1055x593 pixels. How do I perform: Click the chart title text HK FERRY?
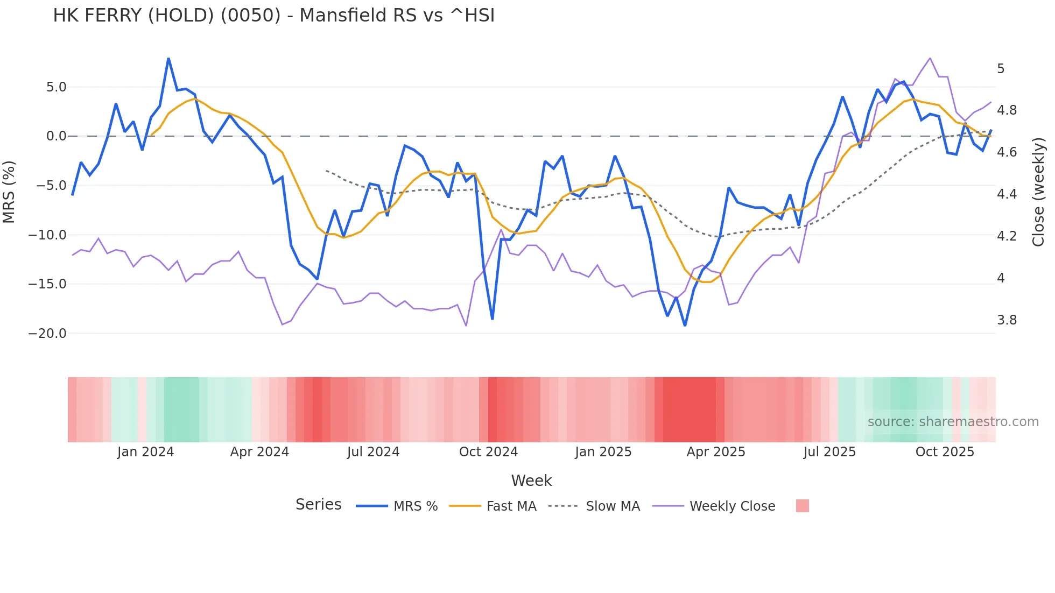pyautogui.click(x=273, y=16)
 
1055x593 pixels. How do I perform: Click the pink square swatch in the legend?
pyautogui.click(x=802, y=506)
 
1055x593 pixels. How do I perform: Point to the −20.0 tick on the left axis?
pyautogui.click(x=47, y=334)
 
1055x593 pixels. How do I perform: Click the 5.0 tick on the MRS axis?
pyautogui.click(x=56, y=87)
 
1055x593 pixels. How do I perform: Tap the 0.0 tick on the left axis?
pyautogui.click(x=56, y=136)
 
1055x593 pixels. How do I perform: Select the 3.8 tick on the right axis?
pyautogui.click(x=1007, y=320)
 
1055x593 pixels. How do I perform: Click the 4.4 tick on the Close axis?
pyautogui.click(x=1007, y=194)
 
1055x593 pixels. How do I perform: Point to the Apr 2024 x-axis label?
pyautogui.click(x=259, y=452)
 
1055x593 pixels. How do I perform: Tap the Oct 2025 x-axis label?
pyautogui.click(x=945, y=452)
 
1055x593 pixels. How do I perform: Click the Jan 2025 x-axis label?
pyautogui.click(x=603, y=452)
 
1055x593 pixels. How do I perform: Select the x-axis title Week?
pyautogui.click(x=531, y=481)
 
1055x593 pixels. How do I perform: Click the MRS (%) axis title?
pyautogui.click(x=9, y=192)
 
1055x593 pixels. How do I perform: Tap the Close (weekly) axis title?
pyautogui.click(x=1038, y=192)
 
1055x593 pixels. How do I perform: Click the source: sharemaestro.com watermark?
pyautogui.click(x=953, y=422)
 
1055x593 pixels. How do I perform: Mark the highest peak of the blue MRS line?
pyautogui.click(x=168, y=59)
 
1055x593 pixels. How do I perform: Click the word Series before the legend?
pyautogui.click(x=318, y=505)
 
